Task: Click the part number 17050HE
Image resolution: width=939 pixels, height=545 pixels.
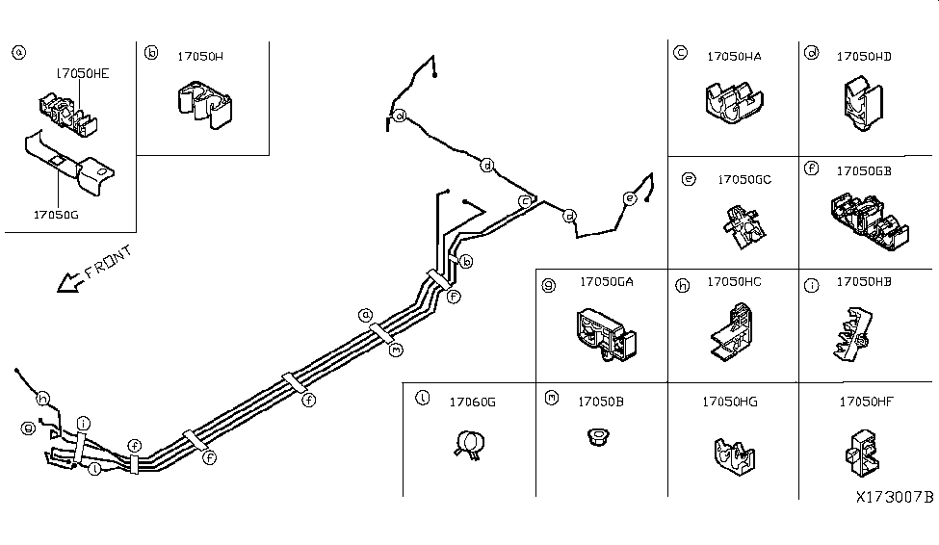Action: click(x=82, y=72)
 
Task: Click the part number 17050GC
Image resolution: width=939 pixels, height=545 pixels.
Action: click(x=744, y=179)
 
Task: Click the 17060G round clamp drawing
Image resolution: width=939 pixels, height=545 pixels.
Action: click(x=469, y=445)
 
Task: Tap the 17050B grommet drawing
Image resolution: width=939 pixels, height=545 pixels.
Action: click(x=599, y=439)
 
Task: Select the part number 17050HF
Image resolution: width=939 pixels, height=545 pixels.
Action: click(x=867, y=402)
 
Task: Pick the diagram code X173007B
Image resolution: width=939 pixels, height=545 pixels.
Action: click(x=895, y=498)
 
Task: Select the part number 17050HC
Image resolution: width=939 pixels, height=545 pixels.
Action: click(x=734, y=282)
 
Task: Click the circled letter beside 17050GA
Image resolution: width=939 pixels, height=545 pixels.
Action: click(x=550, y=285)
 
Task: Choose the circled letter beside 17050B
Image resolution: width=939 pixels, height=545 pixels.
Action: click(x=551, y=397)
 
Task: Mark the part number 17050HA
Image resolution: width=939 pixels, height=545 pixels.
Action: click(x=733, y=57)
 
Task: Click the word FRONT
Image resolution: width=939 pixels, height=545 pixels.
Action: click(x=108, y=262)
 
